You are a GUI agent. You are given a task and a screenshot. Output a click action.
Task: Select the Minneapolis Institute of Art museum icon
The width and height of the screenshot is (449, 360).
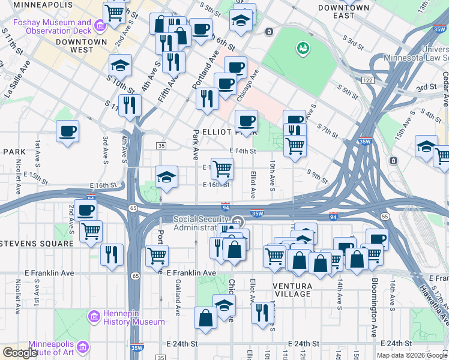coord(82,347)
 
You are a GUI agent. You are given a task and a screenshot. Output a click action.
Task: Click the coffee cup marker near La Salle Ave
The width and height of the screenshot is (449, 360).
coord(67,131)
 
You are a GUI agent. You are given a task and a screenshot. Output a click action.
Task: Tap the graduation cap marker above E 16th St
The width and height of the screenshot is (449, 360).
coord(166,176)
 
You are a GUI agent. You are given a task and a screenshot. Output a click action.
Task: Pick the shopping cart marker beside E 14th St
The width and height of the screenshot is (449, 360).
coord(222,169)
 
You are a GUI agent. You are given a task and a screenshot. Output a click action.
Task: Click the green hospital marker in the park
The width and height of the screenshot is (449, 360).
coord(302,47)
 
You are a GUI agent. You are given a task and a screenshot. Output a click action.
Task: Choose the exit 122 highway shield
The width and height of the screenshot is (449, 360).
coord(367,80)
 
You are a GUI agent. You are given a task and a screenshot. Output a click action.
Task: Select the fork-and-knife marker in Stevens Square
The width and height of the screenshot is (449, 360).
coord(112,254)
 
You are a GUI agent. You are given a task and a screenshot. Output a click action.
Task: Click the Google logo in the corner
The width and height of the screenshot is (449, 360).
coord(19,353)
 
